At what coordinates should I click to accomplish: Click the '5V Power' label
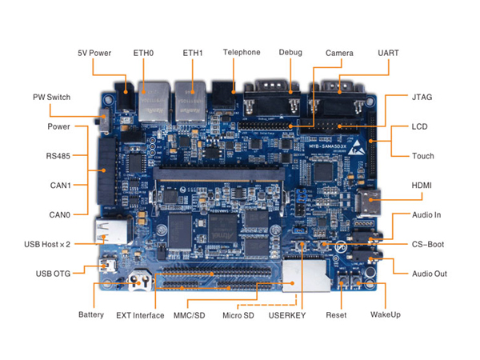tap(94, 53)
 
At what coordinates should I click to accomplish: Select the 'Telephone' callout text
tap(242, 53)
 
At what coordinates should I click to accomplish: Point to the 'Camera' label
tap(339, 53)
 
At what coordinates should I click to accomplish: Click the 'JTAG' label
tap(422, 97)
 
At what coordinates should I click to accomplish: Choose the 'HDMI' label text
tap(422, 186)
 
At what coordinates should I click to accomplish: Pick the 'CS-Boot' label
tap(428, 244)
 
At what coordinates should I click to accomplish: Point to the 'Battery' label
tap(91, 314)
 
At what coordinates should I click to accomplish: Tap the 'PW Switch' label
tap(51, 98)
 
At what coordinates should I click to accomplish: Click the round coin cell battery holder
tap(141, 282)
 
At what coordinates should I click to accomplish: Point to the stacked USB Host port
tap(111, 231)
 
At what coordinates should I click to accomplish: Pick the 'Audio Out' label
tap(429, 274)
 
